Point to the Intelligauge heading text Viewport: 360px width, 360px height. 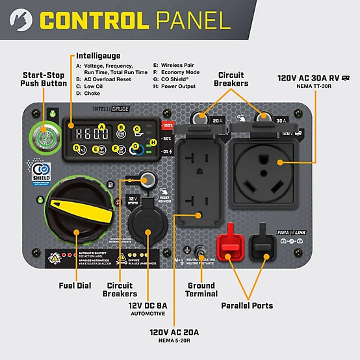(x=98, y=56)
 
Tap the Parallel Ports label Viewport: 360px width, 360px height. (x=246, y=305)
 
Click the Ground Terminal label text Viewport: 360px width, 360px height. (x=201, y=290)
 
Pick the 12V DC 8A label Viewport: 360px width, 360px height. (x=148, y=305)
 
